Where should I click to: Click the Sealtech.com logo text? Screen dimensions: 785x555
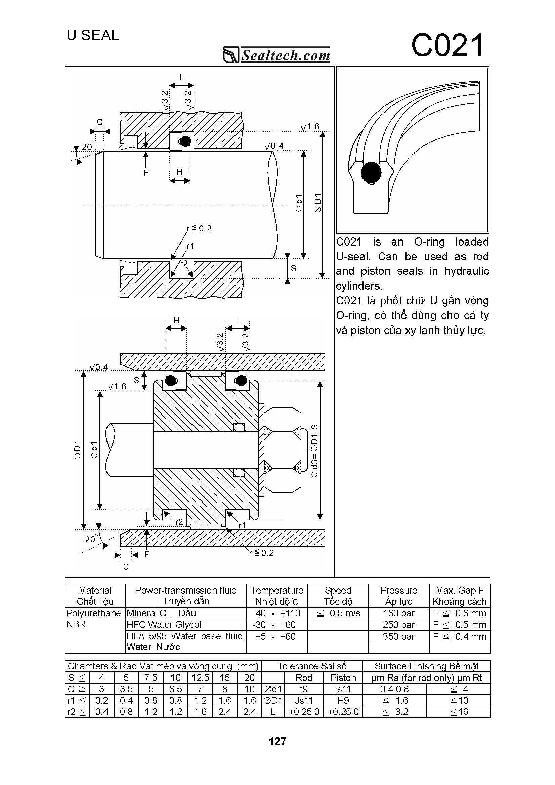pos(285,55)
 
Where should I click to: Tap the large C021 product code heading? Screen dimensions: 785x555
pos(447,45)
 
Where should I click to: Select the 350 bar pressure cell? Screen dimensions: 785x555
pos(398,636)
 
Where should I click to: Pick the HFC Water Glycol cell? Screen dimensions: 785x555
pos(164,625)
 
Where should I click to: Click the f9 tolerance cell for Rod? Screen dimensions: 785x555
pos(304,689)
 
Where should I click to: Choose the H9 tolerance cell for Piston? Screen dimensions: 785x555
pos(343,701)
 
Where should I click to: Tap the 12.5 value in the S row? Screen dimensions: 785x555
pos(200,678)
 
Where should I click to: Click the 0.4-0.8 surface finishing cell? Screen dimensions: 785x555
pos(394,689)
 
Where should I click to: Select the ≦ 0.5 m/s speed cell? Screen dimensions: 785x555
pos(338,613)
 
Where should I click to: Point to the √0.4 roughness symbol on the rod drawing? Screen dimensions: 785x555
pos(274,147)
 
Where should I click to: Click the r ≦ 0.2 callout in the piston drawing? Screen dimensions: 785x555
pos(262,553)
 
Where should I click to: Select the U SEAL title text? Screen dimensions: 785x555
pos(93,35)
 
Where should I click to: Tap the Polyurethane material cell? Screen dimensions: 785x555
pos(93,613)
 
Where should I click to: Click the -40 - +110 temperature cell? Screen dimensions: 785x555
pos(276,613)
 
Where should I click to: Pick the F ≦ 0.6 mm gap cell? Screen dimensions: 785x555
pos(460,613)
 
